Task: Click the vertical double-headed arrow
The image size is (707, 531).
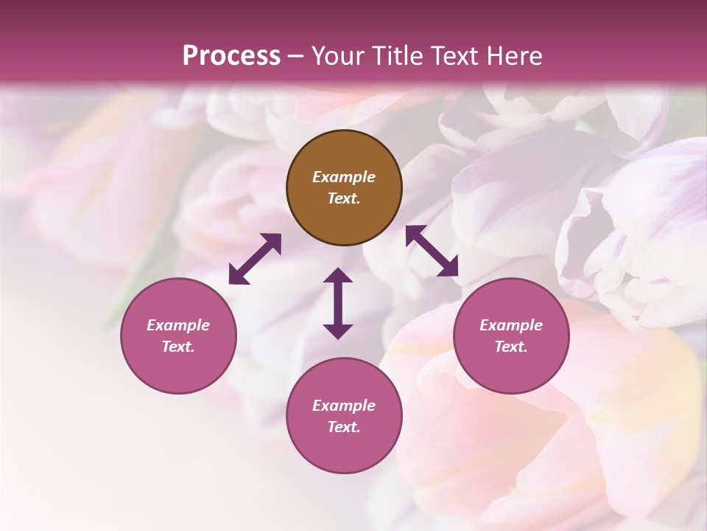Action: click(338, 303)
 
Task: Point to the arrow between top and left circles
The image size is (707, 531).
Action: click(255, 259)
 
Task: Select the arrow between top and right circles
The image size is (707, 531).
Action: click(432, 251)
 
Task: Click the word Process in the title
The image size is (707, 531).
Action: click(231, 55)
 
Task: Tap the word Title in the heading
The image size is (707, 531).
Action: click(394, 55)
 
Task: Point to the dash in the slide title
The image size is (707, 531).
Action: click(295, 55)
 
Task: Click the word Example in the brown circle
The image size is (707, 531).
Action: click(344, 177)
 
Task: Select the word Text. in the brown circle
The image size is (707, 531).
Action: click(344, 198)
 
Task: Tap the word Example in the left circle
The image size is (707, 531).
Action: click(178, 325)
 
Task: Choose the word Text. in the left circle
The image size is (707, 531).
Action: click(178, 347)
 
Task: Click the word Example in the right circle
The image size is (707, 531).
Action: click(511, 325)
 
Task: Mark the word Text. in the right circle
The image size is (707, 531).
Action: click(511, 347)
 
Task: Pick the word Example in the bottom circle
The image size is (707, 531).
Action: click(344, 406)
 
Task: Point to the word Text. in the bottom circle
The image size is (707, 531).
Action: click(344, 427)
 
